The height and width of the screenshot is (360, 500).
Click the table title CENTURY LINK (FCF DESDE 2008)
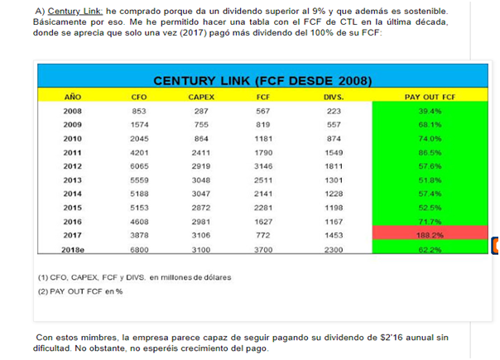click(x=262, y=80)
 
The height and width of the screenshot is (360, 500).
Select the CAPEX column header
click(x=201, y=97)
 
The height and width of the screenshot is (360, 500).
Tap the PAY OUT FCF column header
click(x=430, y=97)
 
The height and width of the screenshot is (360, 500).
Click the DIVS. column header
click(x=334, y=97)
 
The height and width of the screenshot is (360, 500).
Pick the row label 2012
click(x=72, y=166)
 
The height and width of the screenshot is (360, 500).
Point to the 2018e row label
click(x=73, y=250)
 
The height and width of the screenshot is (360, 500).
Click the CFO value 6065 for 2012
click(x=139, y=166)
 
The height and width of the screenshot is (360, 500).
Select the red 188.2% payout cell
click(x=430, y=233)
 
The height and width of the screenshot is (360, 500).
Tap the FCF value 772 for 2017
click(x=263, y=235)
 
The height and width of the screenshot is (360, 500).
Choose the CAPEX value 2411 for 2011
click(x=201, y=153)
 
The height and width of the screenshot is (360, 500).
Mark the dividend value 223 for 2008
click(x=334, y=111)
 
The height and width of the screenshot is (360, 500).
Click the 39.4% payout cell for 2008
click(x=430, y=111)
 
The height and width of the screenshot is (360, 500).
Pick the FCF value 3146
click(x=263, y=166)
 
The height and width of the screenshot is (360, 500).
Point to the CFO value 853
click(x=139, y=111)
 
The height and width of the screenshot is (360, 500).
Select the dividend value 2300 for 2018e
click(x=334, y=250)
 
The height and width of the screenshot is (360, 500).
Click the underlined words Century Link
click(x=75, y=11)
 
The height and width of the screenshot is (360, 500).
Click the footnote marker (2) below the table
click(x=43, y=291)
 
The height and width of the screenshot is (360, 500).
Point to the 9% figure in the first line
click(x=319, y=11)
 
